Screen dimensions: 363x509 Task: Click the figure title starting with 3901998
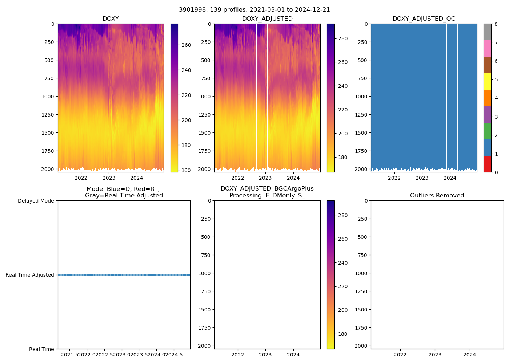(254, 10)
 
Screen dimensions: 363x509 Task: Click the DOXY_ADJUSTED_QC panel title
(424, 19)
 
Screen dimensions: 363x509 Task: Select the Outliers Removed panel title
(437, 196)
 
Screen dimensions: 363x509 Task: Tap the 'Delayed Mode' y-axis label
(36, 201)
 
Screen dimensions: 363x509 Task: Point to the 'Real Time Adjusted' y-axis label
(30, 275)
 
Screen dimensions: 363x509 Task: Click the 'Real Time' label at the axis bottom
(41, 349)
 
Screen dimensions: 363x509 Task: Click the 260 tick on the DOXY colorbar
(186, 45)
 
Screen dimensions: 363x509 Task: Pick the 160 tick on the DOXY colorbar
(186, 170)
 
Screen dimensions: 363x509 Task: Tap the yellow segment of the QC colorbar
(487, 81)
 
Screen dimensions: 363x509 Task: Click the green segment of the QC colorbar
(487, 131)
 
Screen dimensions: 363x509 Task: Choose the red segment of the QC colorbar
(487, 164)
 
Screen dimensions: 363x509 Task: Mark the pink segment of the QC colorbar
(487, 48)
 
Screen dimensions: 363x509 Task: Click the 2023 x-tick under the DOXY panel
(109, 178)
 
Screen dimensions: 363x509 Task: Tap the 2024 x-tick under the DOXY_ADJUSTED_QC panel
(450, 178)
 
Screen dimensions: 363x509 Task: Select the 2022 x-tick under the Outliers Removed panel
(400, 355)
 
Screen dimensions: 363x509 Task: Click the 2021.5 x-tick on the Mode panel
(69, 355)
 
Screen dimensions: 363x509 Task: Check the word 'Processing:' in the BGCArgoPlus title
(244, 196)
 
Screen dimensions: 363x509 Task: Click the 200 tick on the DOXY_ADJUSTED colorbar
(343, 134)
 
